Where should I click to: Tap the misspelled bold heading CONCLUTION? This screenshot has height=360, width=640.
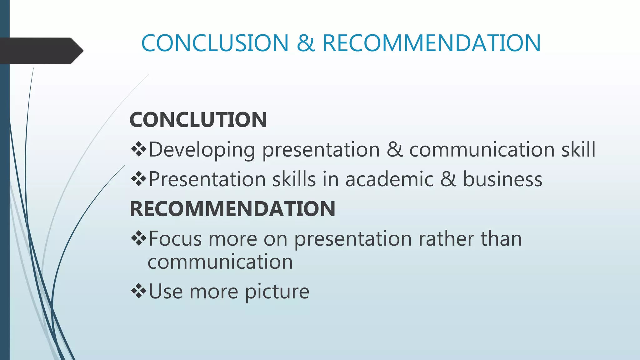pos(198,120)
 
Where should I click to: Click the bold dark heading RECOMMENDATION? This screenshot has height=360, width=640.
pos(232,209)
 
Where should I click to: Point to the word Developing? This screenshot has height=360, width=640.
pos(202,150)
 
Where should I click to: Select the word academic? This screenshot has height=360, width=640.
pos(389,179)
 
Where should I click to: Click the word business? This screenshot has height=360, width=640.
pos(502,179)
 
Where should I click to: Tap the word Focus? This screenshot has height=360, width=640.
pos(175,239)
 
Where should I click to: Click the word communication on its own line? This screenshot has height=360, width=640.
pos(220,262)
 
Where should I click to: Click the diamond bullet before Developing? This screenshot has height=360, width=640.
pos(139,149)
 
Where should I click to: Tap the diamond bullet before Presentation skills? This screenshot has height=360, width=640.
pos(139,179)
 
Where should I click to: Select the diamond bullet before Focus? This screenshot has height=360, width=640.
pos(139,238)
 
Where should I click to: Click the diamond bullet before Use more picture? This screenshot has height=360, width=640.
pos(139,291)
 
